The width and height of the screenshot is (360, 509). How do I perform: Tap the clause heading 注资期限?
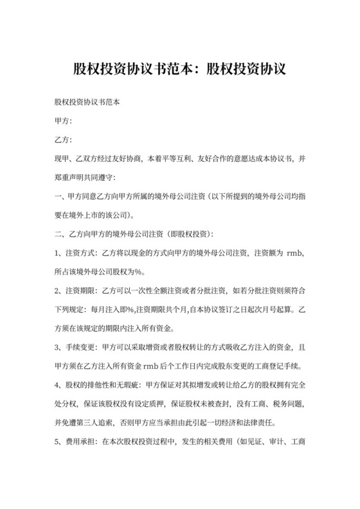[x=78, y=292]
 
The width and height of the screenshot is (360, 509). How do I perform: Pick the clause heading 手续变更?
[x=78, y=348]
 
